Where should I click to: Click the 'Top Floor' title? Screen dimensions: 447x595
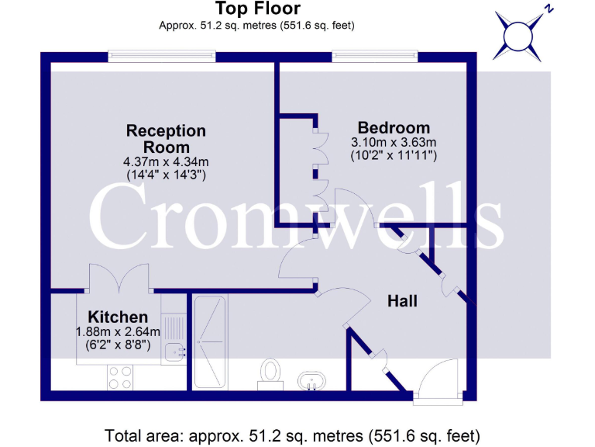click(x=257, y=9)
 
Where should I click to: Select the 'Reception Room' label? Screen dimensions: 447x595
click(x=166, y=139)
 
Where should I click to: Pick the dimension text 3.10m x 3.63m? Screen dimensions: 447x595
click(x=394, y=142)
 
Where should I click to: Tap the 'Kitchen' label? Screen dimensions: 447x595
click(x=117, y=317)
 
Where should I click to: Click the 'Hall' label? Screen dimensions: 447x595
click(x=402, y=300)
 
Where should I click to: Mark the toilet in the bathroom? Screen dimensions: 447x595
click(x=270, y=370)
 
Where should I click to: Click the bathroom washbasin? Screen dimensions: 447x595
click(x=312, y=381)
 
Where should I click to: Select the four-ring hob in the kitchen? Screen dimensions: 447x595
click(x=119, y=377)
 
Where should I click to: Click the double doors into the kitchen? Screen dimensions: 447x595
click(x=118, y=278)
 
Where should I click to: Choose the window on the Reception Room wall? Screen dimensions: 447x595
click(x=161, y=55)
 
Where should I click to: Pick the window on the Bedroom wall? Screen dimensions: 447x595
click(x=375, y=55)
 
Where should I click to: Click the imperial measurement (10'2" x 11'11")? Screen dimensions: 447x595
click(x=394, y=155)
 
